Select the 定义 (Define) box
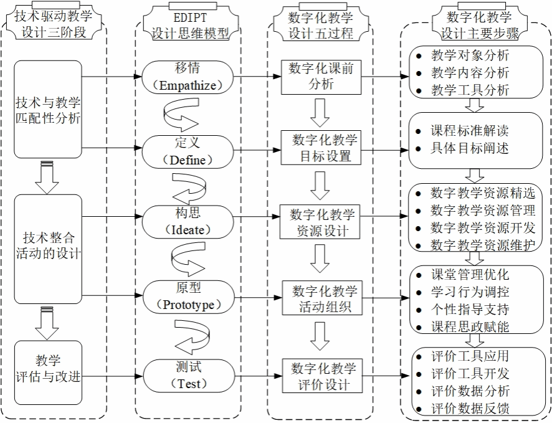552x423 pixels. click(x=188, y=151)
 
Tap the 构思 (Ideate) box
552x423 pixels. click(x=188, y=222)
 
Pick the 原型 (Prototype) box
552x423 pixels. click(x=188, y=297)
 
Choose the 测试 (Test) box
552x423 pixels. click(x=188, y=376)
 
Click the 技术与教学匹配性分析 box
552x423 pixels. click(x=49, y=109)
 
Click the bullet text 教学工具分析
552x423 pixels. click(x=470, y=90)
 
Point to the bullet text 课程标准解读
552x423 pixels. click(x=470, y=131)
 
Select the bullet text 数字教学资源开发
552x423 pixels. click(x=482, y=227)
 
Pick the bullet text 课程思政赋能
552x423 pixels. click(x=470, y=326)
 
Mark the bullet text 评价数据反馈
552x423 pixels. click(x=470, y=409)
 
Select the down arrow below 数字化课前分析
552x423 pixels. click(x=320, y=112)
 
